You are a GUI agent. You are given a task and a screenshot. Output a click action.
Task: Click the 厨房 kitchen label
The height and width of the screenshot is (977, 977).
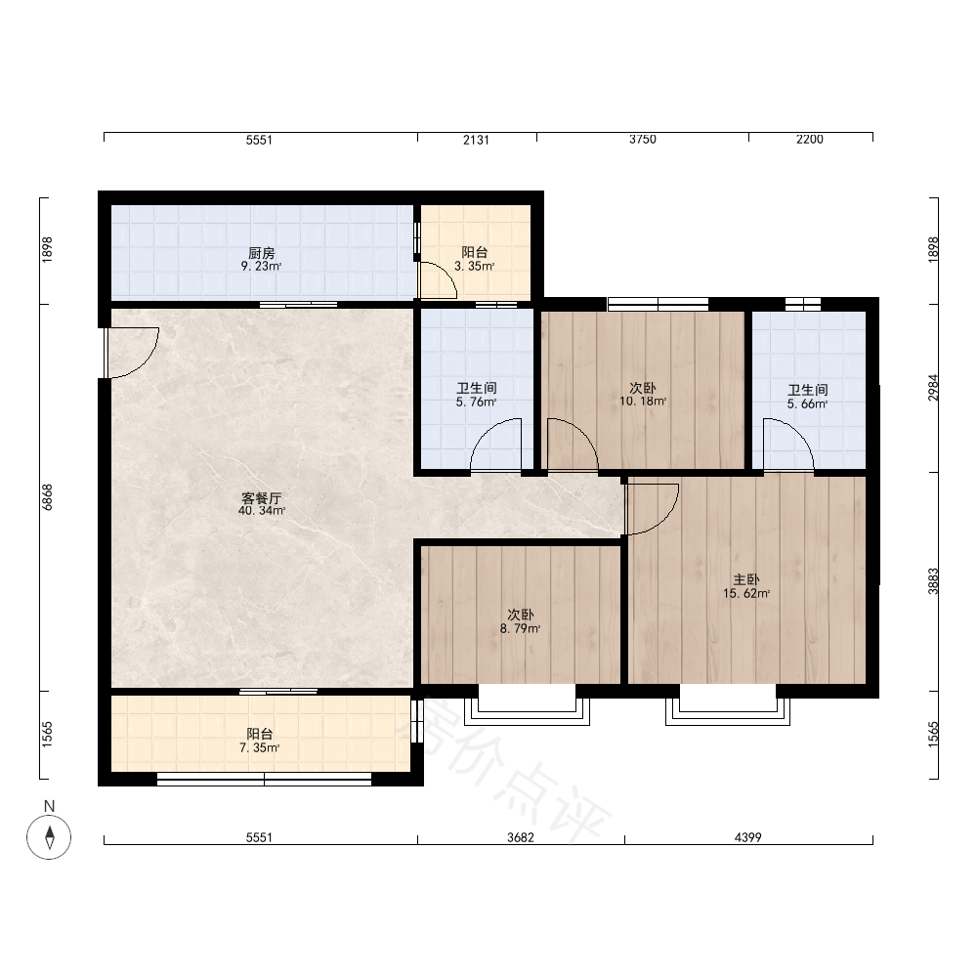click(x=261, y=253)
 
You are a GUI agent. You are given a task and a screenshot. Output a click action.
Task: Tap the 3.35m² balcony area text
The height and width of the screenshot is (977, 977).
click(x=474, y=267)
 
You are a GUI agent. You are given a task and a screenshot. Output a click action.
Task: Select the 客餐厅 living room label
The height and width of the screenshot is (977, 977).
click(x=261, y=498)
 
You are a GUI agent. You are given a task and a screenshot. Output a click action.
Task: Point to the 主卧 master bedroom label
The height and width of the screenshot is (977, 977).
click(x=745, y=580)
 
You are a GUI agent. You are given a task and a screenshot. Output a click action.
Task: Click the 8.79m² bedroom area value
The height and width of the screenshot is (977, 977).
click(x=521, y=628)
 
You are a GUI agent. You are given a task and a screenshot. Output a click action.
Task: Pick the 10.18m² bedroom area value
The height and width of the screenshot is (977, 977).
click(x=643, y=402)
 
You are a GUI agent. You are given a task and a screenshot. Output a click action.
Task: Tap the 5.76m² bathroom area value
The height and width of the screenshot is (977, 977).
click(x=476, y=403)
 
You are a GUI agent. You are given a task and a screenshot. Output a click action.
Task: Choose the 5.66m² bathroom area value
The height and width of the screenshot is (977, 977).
click(x=808, y=404)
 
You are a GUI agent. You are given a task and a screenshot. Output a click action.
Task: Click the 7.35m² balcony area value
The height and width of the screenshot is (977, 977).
click(x=259, y=747)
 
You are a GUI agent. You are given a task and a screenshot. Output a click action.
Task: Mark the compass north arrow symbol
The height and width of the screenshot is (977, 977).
click(x=49, y=837)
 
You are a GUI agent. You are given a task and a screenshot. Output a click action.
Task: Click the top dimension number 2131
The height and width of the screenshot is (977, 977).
click(x=476, y=140)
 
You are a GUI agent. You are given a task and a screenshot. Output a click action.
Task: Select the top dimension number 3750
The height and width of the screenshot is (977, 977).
click(x=643, y=140)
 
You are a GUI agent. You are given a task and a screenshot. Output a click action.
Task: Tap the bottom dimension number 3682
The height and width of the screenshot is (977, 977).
click(x=521, y=837)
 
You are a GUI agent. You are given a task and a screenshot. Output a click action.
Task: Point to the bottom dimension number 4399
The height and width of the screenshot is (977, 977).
click(x=747, y=837)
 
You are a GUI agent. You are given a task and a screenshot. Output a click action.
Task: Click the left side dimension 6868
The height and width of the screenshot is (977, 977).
click(x=47, y=497)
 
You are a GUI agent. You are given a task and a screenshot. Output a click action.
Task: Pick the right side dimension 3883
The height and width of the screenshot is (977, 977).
click(x=933, y=580)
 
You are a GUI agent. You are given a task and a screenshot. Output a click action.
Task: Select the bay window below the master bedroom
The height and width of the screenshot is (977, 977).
click(x=728, y=705)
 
